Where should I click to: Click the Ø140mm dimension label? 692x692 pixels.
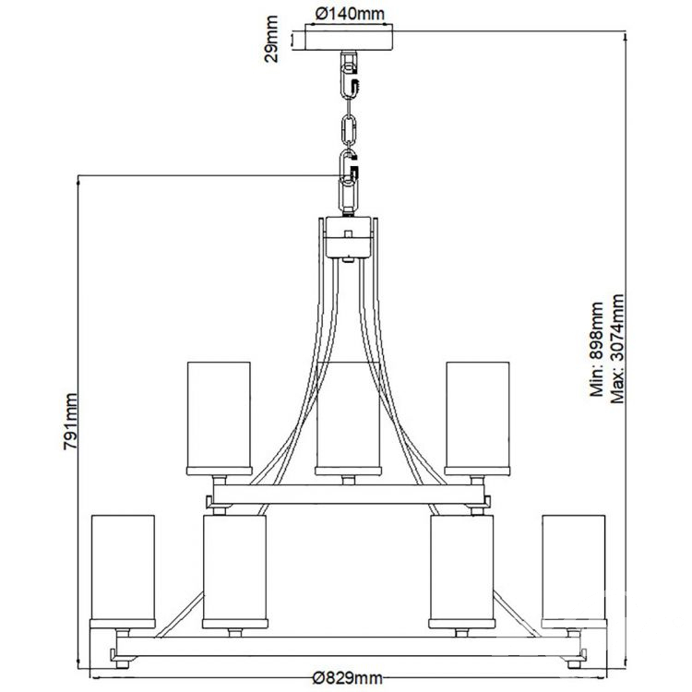(349, 14)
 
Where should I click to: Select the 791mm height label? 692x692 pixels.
(70, 419)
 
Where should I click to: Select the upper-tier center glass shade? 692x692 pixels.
(348, 420)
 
